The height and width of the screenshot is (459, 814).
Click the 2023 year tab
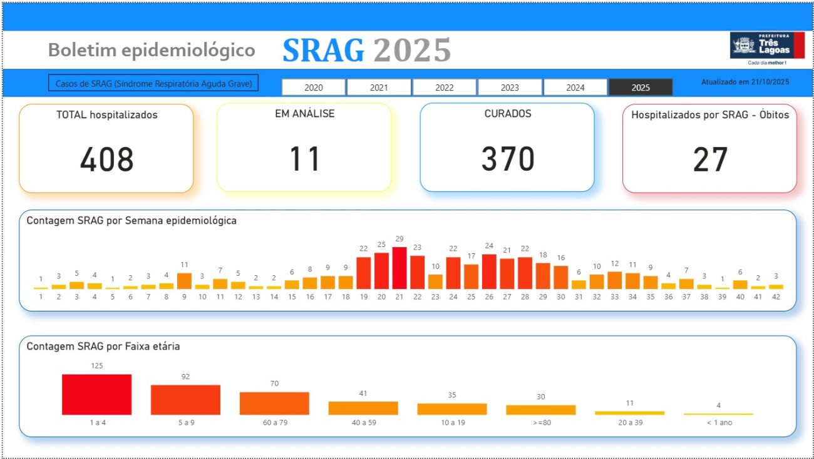point(510,88)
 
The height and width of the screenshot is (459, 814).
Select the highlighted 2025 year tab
point(641,88)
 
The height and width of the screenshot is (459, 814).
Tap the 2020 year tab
point(314,88)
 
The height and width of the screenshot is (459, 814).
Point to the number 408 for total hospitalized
point(106,159)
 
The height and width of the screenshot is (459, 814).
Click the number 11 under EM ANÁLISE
point(304,159)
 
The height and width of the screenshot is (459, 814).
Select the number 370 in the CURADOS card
point(507,159)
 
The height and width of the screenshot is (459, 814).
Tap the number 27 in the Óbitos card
point(710,159)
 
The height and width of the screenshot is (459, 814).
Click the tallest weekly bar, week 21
point(399,268)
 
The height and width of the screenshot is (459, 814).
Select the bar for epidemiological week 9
point(184,281)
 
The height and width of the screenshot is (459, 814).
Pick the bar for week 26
point(489,271)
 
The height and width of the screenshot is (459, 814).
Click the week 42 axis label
point(776,297)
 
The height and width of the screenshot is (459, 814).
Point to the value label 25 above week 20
point(381,244)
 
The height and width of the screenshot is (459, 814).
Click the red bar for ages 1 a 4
point(96,395)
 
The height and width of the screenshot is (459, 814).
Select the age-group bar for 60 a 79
point(274,403)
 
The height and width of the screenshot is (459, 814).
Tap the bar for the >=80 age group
point(541,410)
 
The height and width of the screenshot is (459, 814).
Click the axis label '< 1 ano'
point(718,423)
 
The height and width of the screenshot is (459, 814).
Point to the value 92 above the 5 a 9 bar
point(185,376)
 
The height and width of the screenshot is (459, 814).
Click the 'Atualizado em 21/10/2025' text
point(745,82)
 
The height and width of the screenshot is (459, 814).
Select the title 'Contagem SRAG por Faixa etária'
point(103,346)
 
